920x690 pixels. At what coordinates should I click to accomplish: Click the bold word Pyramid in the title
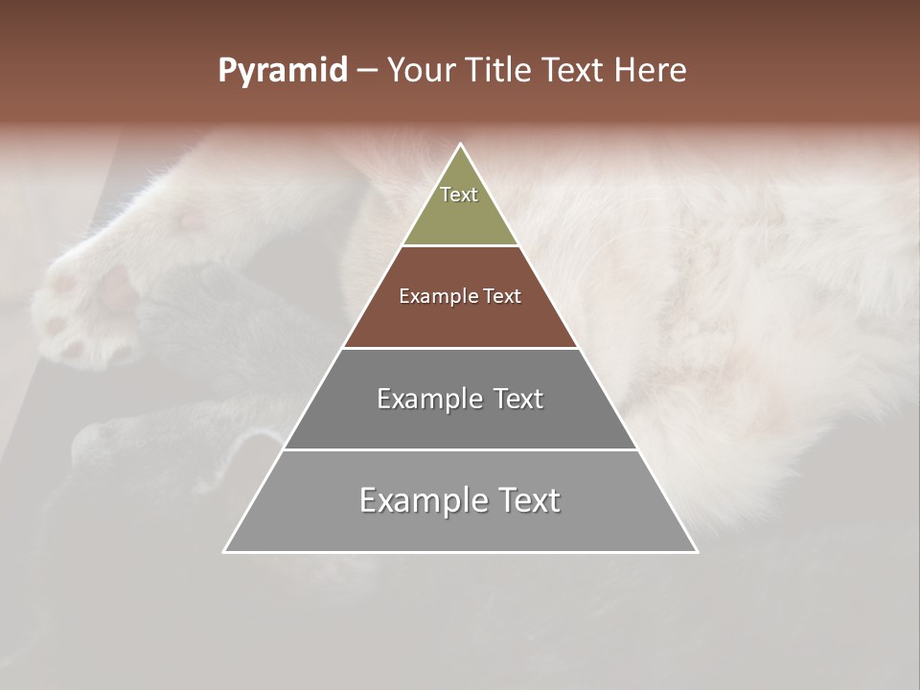pos(282,71)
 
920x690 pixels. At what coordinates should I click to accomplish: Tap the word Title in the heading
pos(499,71)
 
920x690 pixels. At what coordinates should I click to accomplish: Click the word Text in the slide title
pos(575,71)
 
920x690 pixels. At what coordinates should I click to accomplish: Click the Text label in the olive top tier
pos(459,195)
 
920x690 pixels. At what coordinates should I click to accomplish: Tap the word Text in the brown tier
pos(503,297)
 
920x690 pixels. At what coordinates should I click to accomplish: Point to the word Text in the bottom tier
pos(528,501)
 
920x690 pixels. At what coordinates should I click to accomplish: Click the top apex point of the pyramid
pos(461,145)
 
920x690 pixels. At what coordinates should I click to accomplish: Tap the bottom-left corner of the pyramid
pos(224,552)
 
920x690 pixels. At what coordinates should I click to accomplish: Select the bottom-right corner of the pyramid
pos(697,552)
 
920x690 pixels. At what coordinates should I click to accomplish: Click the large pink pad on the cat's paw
pos(117,287)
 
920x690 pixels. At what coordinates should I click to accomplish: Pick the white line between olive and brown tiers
pos(460,245)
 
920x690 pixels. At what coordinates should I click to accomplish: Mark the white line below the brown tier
pos(460,348)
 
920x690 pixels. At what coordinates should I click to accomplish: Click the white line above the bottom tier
pos(460,449)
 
